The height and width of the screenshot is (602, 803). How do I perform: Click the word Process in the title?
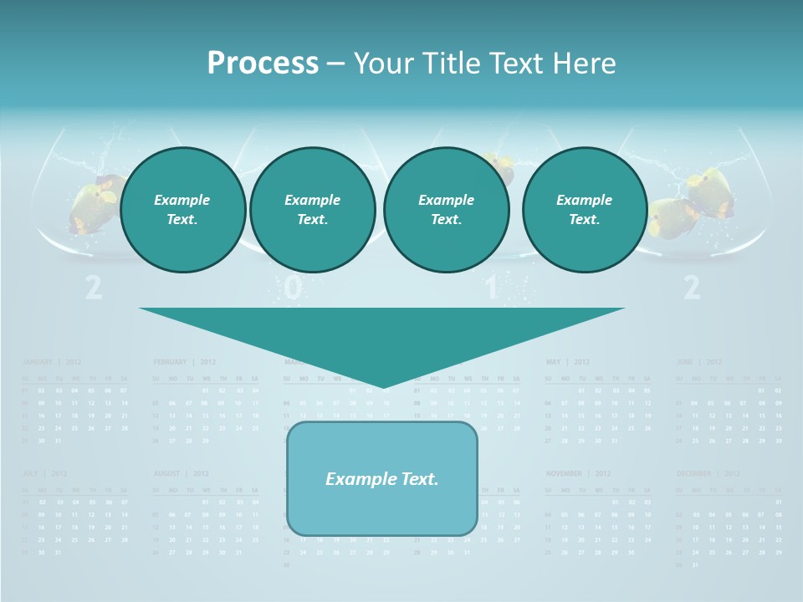(263, 64)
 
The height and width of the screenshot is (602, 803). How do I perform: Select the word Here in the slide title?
(580, 64)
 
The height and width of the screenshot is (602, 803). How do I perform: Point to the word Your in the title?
(384, 64)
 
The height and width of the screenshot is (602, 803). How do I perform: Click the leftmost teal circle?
(182, 210)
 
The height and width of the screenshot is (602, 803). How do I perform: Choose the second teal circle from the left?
(312, 210)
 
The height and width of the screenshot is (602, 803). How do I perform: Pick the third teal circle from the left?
(446, 210)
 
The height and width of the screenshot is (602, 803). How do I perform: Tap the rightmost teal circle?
(584, 210)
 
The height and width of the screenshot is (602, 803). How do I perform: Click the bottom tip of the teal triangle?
(382, 385)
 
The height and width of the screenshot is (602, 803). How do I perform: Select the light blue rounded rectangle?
(382, 478)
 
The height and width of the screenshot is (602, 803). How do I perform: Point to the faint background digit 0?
(292, 288)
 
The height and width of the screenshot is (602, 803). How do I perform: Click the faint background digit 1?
(491, 288)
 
